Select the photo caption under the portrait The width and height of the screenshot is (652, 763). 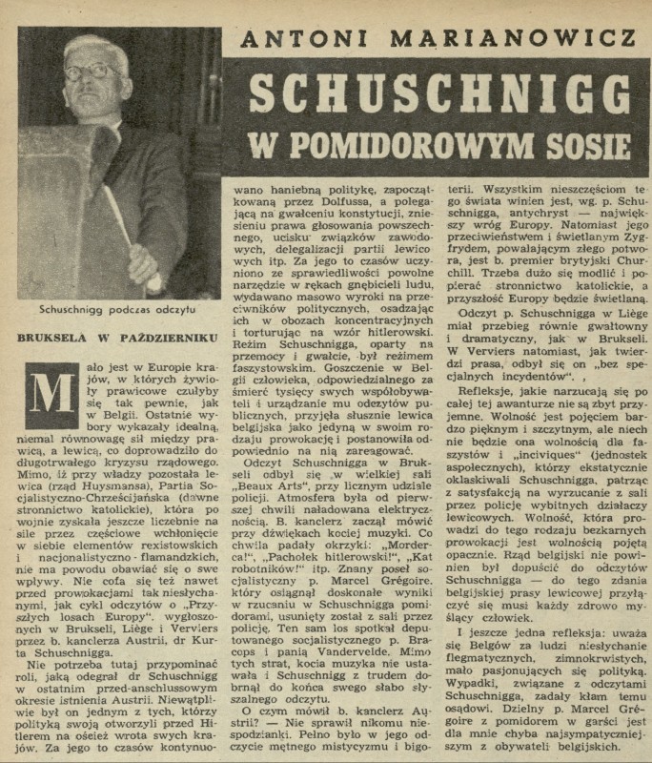click(116, 309)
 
